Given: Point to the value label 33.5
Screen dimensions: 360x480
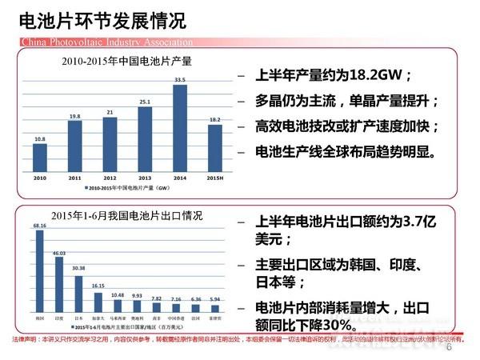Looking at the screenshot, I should (x=179, y=79).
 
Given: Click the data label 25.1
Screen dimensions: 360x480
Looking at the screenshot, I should (x=145, y=102).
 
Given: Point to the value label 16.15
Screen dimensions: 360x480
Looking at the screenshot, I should (x=98, y=286).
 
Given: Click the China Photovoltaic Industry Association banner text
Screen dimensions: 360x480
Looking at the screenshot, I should (x=98, y=41).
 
